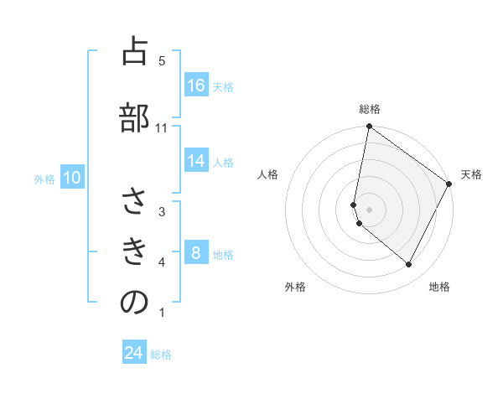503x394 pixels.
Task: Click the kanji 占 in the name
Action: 134,52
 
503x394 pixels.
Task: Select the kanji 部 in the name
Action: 134,117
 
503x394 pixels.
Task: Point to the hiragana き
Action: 134,251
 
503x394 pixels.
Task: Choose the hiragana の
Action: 134,302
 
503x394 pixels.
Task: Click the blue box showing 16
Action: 196,86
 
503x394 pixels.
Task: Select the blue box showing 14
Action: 196,161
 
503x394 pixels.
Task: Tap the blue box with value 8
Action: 196,253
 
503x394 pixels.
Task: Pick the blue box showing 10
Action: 72,178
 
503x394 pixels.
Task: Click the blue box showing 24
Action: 134,353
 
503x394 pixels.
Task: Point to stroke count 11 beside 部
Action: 162,128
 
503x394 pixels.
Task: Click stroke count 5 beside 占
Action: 162,60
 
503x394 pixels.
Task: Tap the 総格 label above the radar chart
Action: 370,109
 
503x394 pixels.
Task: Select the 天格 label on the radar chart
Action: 471,174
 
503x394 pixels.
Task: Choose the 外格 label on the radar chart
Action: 295,287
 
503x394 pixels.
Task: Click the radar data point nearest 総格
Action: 369,127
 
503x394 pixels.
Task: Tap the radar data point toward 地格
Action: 408,265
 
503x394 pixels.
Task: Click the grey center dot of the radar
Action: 369,210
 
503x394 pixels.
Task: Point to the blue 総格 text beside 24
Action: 161,355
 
